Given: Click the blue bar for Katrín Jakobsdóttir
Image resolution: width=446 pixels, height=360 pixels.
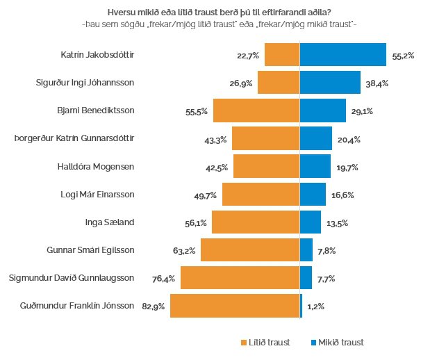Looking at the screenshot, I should pos(342,54).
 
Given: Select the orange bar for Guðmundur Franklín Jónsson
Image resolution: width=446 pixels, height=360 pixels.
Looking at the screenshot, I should pos(234,306).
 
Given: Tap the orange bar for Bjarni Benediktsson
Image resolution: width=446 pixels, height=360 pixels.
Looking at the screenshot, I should pos(256,111).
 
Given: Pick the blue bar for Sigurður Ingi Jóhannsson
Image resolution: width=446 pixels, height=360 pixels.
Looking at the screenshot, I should pos(330,83).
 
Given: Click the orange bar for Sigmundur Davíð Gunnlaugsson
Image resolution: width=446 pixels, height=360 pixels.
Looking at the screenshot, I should pos(240,278).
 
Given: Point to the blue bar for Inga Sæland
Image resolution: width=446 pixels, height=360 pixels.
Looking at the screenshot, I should pos(310,222).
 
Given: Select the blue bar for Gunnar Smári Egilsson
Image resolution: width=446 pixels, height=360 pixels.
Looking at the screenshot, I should pos(306,250).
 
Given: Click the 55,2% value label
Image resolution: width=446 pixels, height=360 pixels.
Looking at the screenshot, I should pos(404,55).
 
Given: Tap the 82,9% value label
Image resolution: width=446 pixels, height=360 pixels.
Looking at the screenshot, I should pos(154,306).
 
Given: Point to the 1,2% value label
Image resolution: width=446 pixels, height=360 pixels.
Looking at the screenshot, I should pos(315,306).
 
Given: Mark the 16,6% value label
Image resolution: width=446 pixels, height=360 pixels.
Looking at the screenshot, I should pos(342,195).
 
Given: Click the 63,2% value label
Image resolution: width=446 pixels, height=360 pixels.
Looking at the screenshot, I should pos(184,251).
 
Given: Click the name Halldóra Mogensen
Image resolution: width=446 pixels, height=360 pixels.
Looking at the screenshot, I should pos(95,166).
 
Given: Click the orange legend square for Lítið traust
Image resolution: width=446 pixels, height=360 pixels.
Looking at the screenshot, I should pos(243,343).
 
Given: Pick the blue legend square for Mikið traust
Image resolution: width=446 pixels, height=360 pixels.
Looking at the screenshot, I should pos(313,343).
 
